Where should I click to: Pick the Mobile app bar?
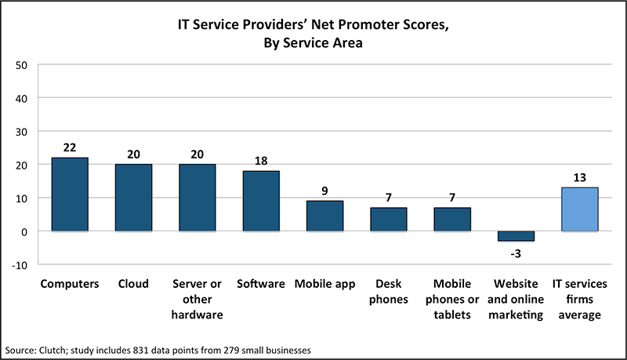coord(325,216)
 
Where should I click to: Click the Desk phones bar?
coord(389,220)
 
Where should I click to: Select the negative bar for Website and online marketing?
coord(516,236)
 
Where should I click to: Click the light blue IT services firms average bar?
coord(580,209)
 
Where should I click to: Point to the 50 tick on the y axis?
coord(22,64)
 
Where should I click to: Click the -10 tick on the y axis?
coord(20,265)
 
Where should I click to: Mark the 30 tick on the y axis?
coord(22,131)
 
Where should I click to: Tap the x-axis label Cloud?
coord(133,284)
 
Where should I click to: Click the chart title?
coord(313,35)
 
